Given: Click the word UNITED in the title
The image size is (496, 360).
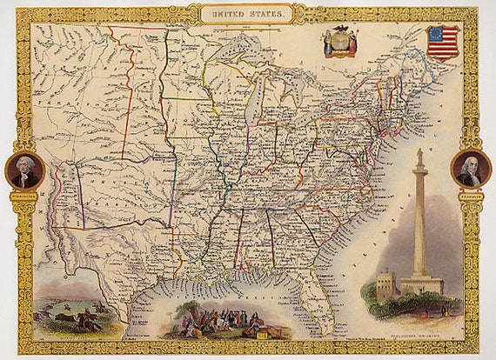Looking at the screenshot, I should tap(228, 13).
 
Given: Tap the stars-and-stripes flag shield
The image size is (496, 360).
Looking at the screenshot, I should tap(442, 42).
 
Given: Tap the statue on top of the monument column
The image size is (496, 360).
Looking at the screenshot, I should tap(419, 157).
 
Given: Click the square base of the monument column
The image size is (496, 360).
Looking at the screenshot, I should tap(419, 285).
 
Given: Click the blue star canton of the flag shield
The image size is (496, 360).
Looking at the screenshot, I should tap(435, 35).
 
